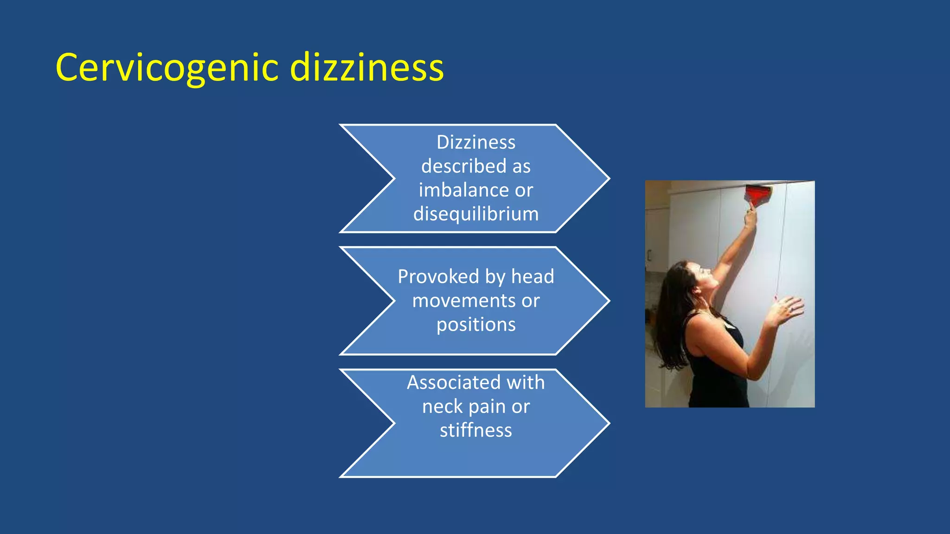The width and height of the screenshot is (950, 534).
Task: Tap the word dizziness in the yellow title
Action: pyautogui.click(x=367, y=68)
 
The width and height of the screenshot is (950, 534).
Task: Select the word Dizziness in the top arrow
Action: pyautogui.click(x=476, y=142)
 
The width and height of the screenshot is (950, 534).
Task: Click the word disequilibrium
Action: pyautogui.click(x=476, y=214)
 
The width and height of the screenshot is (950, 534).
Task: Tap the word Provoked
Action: pyautogui.click(x=438, y=277)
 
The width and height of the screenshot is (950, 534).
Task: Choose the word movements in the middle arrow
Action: pyautogui.click(x=463, y=301)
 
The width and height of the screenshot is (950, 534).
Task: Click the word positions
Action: pyautogui.click(x=476, y=324)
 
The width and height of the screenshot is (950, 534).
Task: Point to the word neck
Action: pyautogui.click(x=443, y=407)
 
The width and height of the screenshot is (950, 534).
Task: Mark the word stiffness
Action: pyautogui.click(x=476, y=431)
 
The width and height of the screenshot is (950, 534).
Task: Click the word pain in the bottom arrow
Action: pyautogui.click(x=487, y=407)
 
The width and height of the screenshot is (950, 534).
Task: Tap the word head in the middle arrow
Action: pyautogui.click(x=533, y=277)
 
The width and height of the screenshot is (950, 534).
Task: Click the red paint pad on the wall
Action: pyautogui.click(x=758, y=194)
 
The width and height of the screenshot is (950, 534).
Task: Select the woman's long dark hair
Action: pyautogui.click(x=670, y=315)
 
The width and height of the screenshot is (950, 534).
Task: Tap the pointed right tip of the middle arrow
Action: pyautogui.click(x=608, y=301)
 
